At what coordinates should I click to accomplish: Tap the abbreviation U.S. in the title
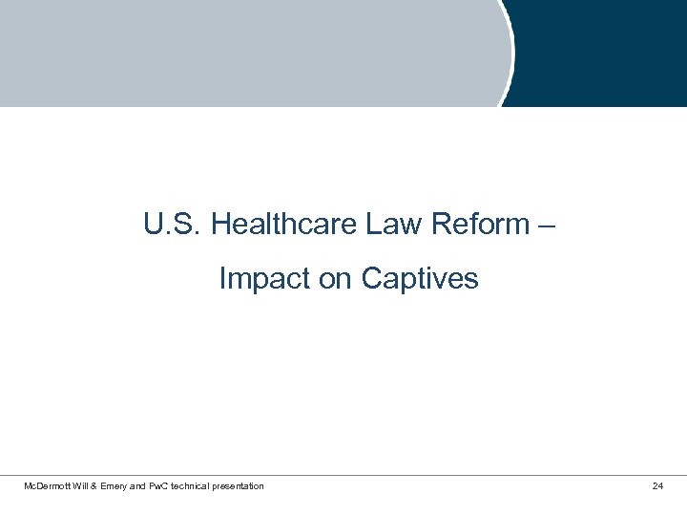[173, 225]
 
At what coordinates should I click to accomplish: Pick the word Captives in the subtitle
[420, 279]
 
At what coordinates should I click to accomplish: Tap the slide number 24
[657, 486]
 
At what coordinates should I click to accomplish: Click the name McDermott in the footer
[50, 486]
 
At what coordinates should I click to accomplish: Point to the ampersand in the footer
[105, 486]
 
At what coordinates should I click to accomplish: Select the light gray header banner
[248, 53]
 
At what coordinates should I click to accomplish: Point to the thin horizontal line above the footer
[343, 475]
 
